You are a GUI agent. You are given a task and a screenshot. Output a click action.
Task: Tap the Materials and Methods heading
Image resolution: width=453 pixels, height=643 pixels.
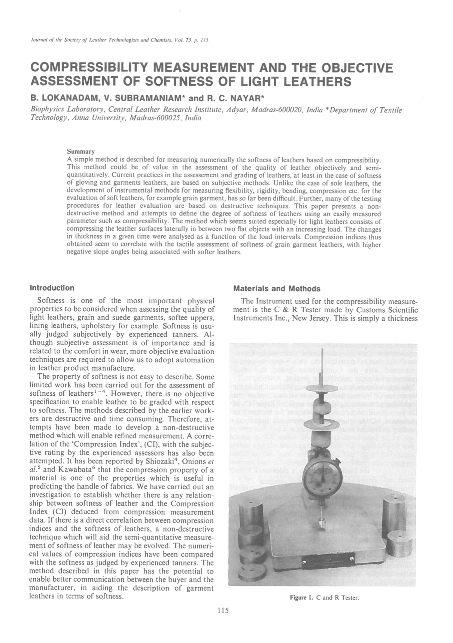click(x=276, y=289)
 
